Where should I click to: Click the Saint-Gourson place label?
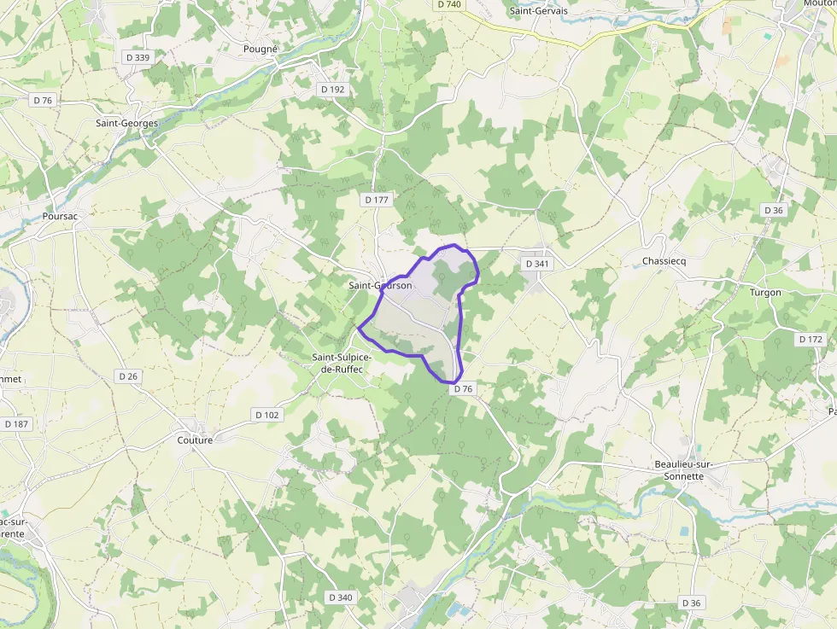pos(381,285)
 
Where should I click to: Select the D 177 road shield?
pos(376,200)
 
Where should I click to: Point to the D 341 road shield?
pos(537,264)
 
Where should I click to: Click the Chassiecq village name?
pos(664,261)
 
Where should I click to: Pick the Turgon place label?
pos(764,293)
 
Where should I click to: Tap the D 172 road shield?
pos(811,340)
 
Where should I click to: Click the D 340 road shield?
pos(340,597)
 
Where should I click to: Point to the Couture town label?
pos(195,440)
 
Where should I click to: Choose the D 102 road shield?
pos(266,415)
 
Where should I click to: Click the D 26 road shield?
pos(128,376)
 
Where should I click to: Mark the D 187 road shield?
pos(16,424)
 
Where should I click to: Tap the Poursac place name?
pos(60,217)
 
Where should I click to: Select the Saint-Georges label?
pos(126,124)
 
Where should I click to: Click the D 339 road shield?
pos(137,57)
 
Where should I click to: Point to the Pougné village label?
pos(260,50)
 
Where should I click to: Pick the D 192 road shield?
pos(332,89)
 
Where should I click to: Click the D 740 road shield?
pos(448,4)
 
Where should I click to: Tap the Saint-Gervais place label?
pos(538,11)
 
